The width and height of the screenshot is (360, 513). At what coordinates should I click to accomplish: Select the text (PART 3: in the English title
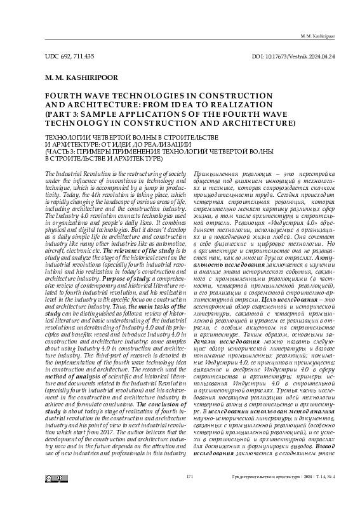pos(63,114)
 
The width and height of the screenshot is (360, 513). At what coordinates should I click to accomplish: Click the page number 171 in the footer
pos(189,492)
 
